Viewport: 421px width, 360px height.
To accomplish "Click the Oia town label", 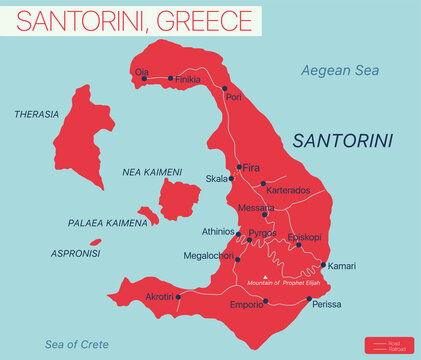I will (141, 71).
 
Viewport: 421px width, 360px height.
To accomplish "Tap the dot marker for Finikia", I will (171, 78).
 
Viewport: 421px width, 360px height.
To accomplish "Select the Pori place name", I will (234, 97).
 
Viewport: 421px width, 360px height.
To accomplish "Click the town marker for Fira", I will (239, 167).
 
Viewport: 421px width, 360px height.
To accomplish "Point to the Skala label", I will (217, 179).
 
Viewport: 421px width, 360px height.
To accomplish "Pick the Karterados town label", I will (288, 190).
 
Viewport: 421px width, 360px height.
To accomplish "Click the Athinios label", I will (218, 232).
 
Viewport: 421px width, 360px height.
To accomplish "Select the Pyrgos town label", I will (262, 233).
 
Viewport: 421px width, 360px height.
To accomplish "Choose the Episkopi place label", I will (304, 236).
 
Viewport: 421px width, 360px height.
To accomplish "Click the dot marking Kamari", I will (323, 265).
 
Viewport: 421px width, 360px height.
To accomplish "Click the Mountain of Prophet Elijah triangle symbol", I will (264, 277).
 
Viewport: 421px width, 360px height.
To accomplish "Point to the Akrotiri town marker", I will (178, 297).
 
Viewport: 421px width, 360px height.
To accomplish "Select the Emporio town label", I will (246, 304).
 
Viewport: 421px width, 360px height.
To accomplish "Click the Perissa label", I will (326, 304).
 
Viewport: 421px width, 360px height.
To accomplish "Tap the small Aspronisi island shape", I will (95, 241).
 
